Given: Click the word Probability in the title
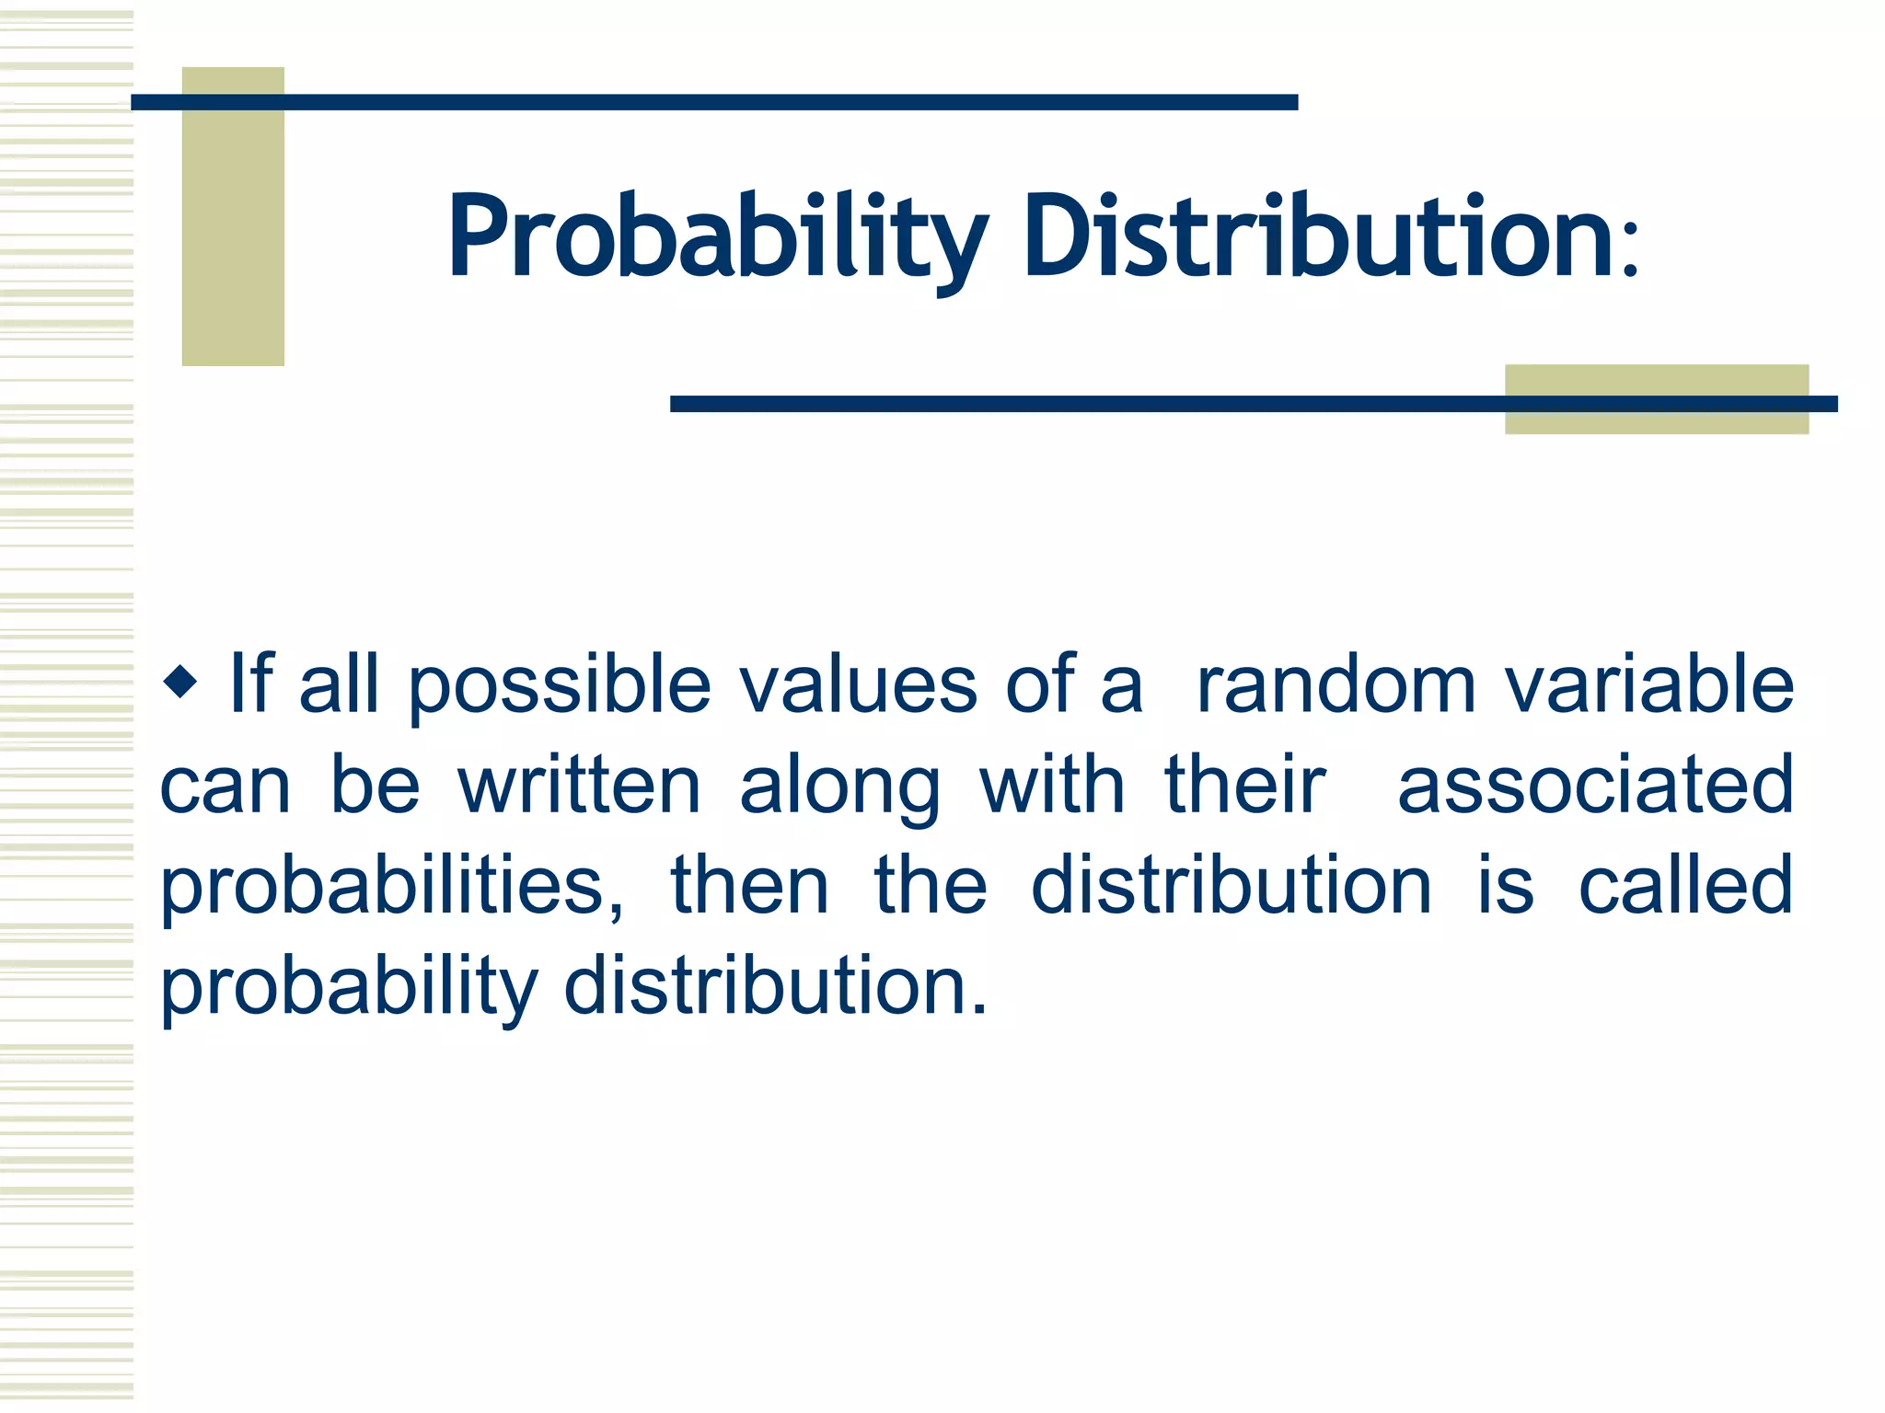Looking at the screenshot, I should click(x=718, y=236).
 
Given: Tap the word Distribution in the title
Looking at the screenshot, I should click(x=1318, y=236).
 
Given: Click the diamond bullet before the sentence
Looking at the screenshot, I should click(x=180, y=683).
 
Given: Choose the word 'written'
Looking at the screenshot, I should click(x=580, y=786).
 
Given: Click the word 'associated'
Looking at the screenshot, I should click(x=1596, y=786).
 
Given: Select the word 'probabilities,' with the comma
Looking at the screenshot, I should click(x=392, y=889).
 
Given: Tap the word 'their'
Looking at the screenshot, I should click(x=1244, y=786).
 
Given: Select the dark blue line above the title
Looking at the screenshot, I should click(x=714, y=102).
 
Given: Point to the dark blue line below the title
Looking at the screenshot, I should click(x=1086, y=404).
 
